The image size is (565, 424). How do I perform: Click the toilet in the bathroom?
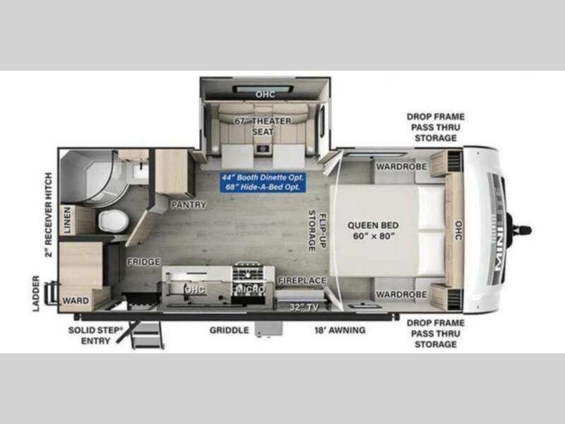click(114, 220)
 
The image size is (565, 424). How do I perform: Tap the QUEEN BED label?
click(373, 230)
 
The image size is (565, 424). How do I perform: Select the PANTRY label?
click(189, 205)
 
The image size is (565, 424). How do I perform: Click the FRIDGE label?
click(143, 261)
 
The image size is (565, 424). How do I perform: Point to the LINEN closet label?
click(67, 220)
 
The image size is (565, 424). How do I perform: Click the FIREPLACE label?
click(302, 281)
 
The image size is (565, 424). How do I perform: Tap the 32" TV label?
click(304, 307)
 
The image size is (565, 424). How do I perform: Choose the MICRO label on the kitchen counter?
click(251, 289)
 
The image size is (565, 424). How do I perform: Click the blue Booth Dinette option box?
click(263, 182)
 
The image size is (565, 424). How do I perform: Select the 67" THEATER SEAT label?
click(263, 126)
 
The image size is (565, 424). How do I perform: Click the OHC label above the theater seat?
click(266, 95)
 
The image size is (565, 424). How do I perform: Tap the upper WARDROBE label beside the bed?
click(401, 167)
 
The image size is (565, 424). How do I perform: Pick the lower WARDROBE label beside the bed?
click(401, 295)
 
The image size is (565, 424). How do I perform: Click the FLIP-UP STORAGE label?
click(317, 231)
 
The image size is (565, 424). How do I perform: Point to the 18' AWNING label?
click(340, 330)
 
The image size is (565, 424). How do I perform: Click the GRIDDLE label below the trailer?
click(229, 330)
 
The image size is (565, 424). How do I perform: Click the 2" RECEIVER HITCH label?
click(48, 215)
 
